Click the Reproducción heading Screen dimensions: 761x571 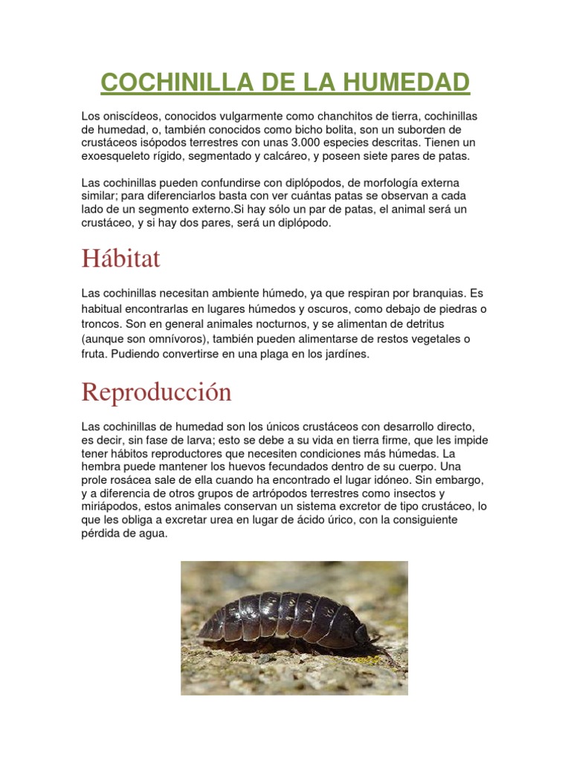(x=156, y=392)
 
